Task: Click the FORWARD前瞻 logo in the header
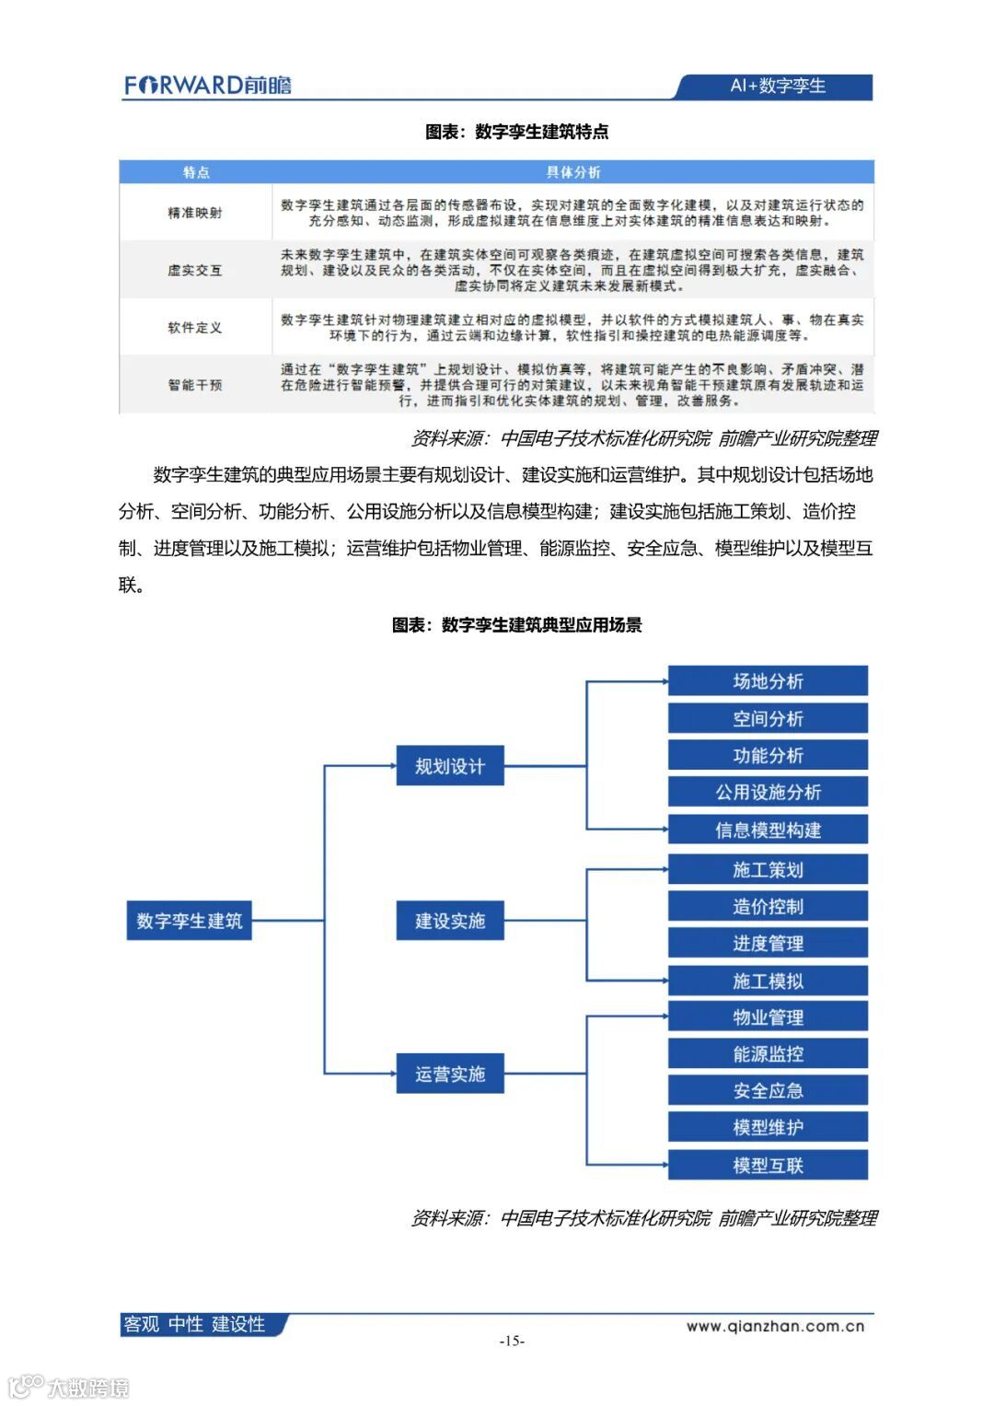(x=208, y=86)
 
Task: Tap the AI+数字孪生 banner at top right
(x=777, y=86)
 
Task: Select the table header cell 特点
(x=195, y=172)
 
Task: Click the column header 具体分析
(x=572, y=172)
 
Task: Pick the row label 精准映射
(x=195, y=213)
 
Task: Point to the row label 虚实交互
(x=195, y=270)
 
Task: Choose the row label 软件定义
(x=195, y=327)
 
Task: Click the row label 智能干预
(x=195, y=385)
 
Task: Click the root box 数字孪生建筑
(x=189, y=921)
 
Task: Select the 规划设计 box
(x=450, y=766)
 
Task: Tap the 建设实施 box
(x=450, y=921)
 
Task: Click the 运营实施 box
(x=450, y=1075)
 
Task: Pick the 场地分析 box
(x=768, y=681)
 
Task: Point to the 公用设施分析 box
(x=768, y=792)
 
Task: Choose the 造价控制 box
(x=768, y=907)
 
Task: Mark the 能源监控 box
(x=768, y=1054)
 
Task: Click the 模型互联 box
(x=768, y=1166)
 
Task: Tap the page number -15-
(x=512, y=1341)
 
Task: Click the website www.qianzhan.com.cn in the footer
(x=775, y=1326)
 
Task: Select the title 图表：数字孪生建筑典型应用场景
(x=516, y=625)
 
